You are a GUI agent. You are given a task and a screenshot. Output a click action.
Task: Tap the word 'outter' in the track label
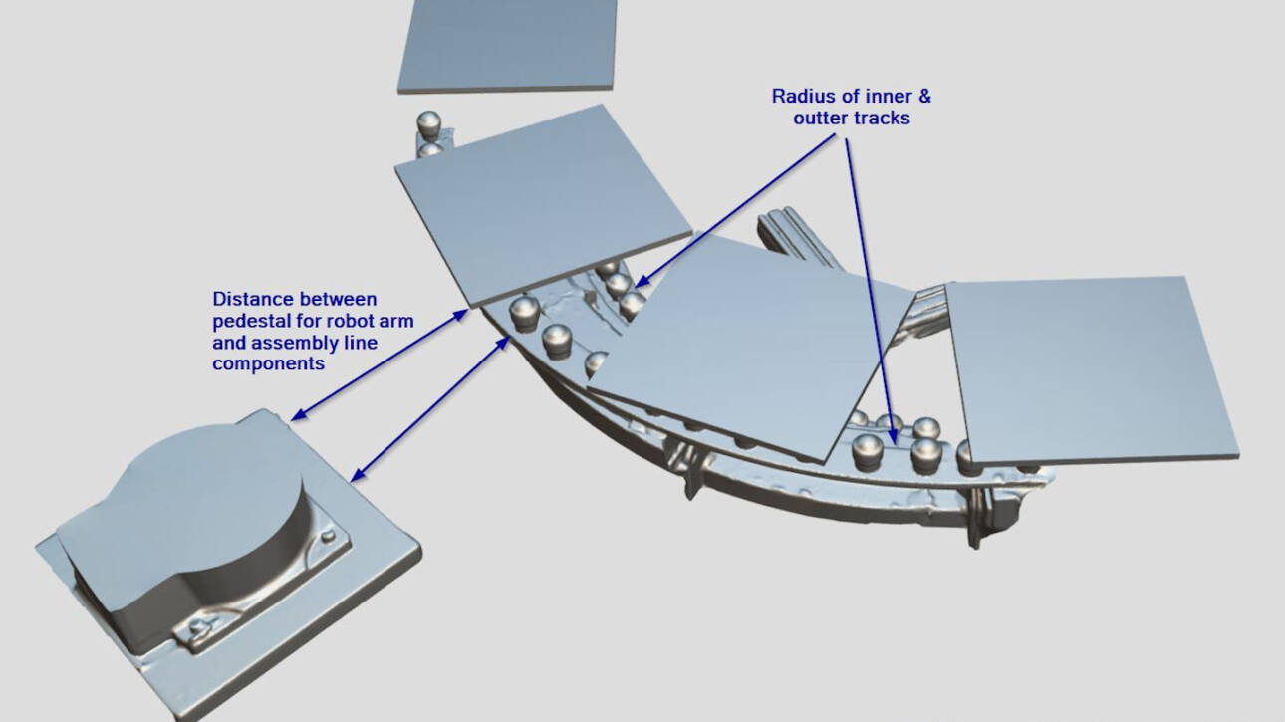click(821, 119)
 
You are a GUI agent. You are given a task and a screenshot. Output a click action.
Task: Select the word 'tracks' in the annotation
click(883, 119)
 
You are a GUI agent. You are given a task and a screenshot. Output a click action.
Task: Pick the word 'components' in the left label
click(269, 364)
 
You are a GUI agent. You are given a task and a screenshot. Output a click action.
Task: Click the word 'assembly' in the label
click(296, 343)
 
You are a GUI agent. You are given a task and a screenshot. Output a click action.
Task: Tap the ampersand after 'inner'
click(924, 96)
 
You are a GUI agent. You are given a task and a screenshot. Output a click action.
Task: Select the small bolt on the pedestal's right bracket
click(328, 536)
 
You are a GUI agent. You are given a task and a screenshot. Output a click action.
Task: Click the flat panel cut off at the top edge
click(507, 45)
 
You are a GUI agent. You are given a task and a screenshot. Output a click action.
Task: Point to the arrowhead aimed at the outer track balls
click(893, 436)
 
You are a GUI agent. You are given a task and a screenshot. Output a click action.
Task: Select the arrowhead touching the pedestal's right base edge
click(357, 474)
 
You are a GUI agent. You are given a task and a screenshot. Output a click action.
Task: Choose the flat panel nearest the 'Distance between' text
click(542, 206)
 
